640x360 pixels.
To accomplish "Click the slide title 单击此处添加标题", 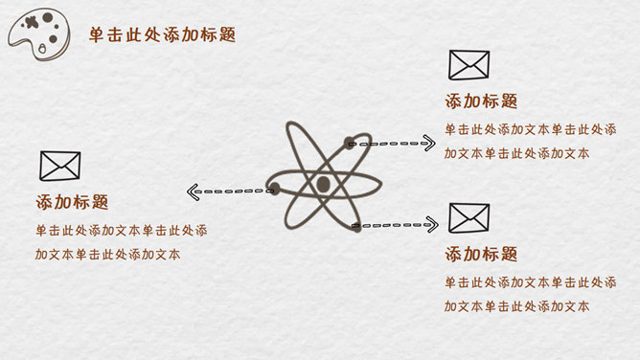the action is (x=161, y=35).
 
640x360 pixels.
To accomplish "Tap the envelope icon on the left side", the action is (x=59, y=166).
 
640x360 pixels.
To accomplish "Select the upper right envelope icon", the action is (x=469, y=64).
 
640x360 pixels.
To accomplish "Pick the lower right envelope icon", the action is (x=469, y=217).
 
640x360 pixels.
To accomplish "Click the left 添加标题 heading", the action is (x=72, y=203).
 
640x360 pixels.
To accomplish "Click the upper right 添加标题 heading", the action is (x=481, y=101).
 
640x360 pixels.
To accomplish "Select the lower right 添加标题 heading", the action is (x=481, y=255).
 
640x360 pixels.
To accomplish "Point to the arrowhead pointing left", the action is (x=193, y=192).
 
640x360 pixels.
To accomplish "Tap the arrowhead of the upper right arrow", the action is (x=428, y=144).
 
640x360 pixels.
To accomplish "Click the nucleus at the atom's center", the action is (x=323, y=184).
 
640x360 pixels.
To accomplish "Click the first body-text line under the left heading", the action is (x=121, y=231).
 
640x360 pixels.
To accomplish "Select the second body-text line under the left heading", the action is (x=107, y=255).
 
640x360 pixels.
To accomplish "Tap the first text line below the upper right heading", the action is (x=529, y=129).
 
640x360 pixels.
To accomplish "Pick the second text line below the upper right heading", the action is (x=516, y=153).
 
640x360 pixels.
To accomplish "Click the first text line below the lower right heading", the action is (x=529, y=282).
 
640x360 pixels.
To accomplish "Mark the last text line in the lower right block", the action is (x=516, y=306).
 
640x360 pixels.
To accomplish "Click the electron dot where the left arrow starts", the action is (x=273, y=189).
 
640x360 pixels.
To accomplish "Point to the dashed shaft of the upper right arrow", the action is (x=388, y=144).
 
